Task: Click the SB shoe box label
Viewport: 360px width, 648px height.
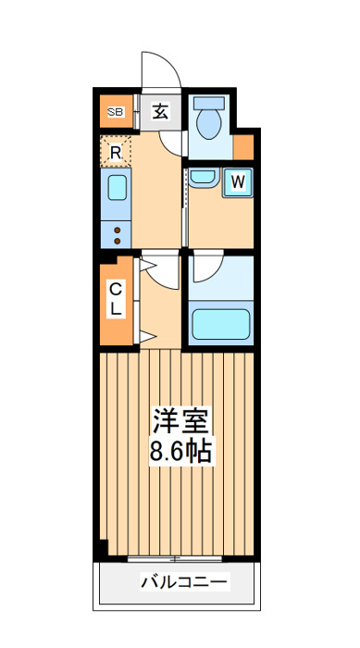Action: click(116, 112)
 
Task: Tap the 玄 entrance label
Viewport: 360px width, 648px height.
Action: click(160, 111)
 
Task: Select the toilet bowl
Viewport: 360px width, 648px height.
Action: click(209, 124)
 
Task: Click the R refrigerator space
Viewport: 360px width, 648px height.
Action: click(116, 152)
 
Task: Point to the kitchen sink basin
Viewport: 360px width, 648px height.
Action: click(117, 188)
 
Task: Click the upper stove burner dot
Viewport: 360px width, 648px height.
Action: click(117, 230)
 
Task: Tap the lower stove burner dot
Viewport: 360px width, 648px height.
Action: click(117, 241)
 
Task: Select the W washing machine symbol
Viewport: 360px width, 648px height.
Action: click(238, 182)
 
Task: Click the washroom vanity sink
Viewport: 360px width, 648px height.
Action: click(202, 178)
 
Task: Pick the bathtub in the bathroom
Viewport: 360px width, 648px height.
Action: click(221, 324)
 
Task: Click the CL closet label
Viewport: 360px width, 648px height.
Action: click(116, 299)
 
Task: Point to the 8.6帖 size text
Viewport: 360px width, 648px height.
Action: click(180, 452)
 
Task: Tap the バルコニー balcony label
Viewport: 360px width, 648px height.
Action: click(184, 582)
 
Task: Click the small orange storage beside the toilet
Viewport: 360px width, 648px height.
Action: click(243, 146)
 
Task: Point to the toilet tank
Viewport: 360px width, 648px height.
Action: click(209, 103)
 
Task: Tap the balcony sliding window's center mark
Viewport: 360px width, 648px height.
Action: click(175, 559)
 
